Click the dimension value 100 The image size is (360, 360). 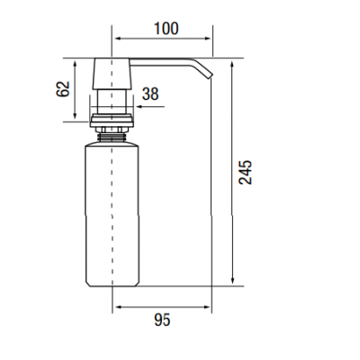pos(165,28)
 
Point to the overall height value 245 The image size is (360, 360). pos(247,172)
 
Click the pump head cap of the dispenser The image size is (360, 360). pos(112,73)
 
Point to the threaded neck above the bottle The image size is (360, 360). pos(112,135)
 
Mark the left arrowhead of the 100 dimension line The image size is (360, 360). pos(118,40)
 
